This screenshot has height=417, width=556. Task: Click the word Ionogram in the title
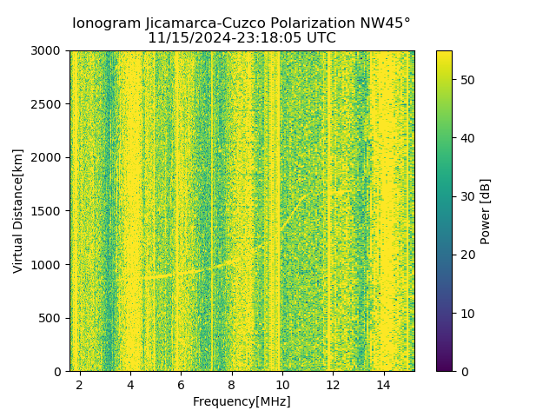105,23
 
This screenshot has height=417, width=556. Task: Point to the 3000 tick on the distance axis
48,50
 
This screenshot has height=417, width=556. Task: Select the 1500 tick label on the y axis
48,211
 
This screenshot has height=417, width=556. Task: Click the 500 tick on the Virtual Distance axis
51,318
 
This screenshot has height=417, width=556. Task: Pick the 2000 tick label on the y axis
48,157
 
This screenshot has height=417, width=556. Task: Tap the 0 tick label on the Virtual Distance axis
59,371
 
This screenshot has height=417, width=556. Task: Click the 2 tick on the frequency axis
80,383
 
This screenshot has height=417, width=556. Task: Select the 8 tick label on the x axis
232,383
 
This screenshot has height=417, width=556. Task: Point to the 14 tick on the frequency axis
383,383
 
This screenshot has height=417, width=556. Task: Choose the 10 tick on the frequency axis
282,383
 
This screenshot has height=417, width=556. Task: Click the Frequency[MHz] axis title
242,401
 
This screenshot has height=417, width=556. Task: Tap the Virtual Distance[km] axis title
18,211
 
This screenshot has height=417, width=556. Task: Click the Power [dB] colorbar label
486,211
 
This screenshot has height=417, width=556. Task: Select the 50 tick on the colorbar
466,80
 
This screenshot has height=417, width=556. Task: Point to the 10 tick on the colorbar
466,313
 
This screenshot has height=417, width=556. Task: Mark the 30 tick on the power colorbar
466,196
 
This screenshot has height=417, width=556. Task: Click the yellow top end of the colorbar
444,54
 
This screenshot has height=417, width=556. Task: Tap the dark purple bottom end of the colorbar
444,367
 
